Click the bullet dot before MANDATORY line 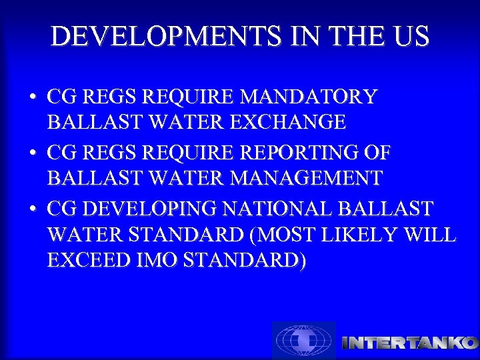coord(32,98)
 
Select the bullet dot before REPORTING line coord(32,154)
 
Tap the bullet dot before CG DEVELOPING coord(32,210)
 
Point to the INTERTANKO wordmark coord(409,343)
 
